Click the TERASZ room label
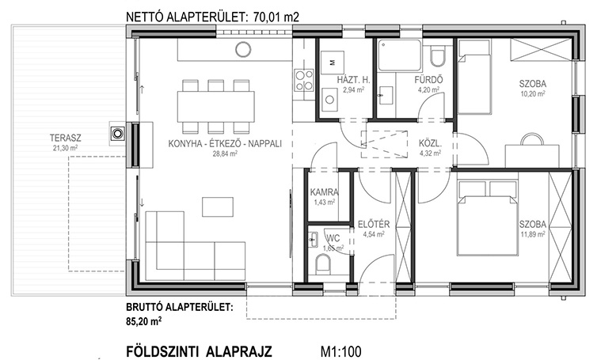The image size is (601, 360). coord(65,138)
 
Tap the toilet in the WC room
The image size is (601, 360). coord(324,264)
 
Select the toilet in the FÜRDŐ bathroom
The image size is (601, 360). coord(436,56)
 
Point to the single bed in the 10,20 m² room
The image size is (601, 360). coord(474,85)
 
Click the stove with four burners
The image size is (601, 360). coord(304,80)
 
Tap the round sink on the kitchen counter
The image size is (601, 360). coord(243,49)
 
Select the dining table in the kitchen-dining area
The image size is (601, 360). coord(216,107)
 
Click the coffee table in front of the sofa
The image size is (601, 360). coord(217,207)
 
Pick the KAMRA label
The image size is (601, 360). coord(325,192)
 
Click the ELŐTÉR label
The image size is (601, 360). coord(374,224)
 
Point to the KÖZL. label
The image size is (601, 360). coord(430,144)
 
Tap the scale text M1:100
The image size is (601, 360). coord(340,351)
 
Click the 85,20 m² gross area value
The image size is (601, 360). coord(144,321)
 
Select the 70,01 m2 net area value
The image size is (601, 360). coord(276,17)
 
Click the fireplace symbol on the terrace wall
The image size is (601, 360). coord(118,134)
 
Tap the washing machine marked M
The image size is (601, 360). coord(332,62)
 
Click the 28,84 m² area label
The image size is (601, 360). coord(225,153)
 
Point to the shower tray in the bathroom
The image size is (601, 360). coord(399,55)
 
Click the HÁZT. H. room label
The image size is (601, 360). coord(353,80)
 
